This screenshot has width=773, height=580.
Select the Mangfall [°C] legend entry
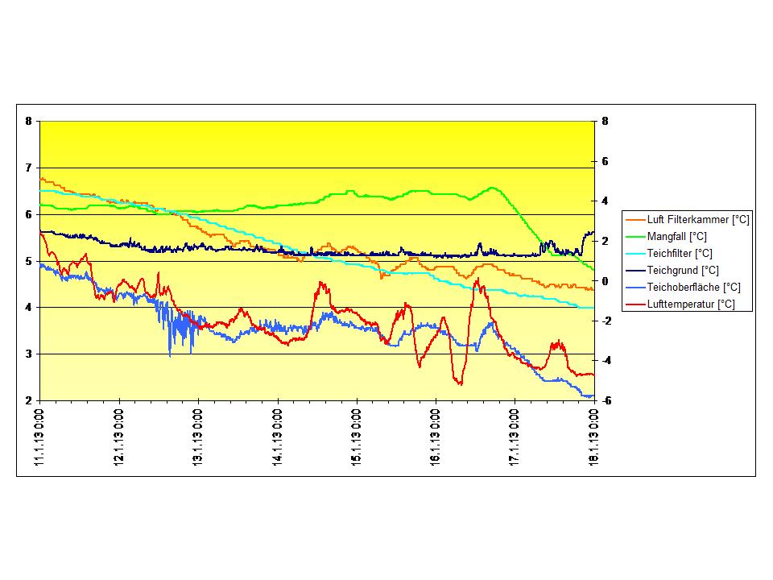677,237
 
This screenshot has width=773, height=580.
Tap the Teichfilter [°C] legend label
680,254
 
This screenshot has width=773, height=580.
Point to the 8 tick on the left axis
28,122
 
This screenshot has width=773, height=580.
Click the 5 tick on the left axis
28,261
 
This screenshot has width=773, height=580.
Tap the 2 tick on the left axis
28,400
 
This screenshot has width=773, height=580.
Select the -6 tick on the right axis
603,400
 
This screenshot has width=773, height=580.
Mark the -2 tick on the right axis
603,321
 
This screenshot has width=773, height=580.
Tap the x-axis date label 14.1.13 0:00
278,436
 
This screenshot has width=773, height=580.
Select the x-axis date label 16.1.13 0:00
436,436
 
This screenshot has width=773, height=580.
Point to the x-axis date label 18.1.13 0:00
594,436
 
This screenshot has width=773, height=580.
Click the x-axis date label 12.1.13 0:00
119,436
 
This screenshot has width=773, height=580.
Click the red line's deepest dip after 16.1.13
460,383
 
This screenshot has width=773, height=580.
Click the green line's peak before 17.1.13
493,188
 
